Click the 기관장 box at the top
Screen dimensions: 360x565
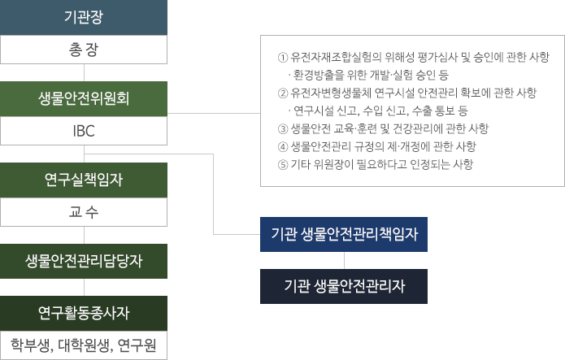pos(84,17)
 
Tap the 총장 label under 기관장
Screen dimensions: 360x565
pos(84,50)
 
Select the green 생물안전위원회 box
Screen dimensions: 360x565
pos(84,98)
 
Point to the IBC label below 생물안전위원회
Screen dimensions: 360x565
pos(84,131)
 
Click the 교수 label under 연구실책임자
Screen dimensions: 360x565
pos(84,213)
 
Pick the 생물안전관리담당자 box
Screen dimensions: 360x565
pos(84,261)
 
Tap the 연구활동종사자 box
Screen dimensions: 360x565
pos(84,312)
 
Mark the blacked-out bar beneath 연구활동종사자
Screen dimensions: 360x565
pos(84,346)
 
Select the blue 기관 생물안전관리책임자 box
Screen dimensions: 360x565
pos(344,235)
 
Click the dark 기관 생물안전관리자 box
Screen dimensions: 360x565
pos(344,286)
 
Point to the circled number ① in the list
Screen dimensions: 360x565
pos(283,58)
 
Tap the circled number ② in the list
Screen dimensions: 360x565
pos(283,93)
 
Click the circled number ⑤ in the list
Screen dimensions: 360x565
pos(283,164)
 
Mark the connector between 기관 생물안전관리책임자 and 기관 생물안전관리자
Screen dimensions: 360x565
pos(344,260)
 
